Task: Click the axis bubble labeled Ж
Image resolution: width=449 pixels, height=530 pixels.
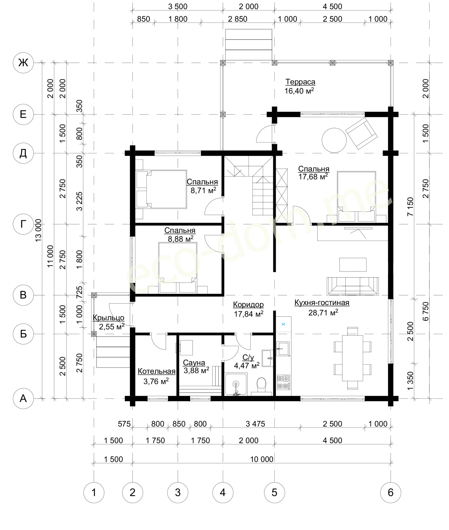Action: coord(23,63)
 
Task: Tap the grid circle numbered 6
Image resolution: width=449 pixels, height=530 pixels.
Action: coord(391,493)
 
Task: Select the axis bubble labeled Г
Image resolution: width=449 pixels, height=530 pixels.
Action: coord(23,224)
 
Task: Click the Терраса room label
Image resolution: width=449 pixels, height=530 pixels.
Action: coord(300,82)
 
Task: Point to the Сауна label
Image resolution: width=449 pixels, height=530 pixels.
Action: coord(194,362)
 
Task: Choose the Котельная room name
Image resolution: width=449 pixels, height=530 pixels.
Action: coord(157,371)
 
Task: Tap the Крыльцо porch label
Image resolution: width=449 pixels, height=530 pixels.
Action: coord(108,318)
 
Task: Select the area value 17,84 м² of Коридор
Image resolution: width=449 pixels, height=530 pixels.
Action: coord(248,314)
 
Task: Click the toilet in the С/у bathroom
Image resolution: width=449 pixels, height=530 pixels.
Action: coord(262,386)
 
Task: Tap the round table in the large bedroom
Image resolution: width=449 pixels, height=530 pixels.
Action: coord(334,140)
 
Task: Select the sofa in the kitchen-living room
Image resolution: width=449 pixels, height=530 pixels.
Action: coord(353,286)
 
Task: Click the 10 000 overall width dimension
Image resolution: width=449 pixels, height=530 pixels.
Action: coord(262,459)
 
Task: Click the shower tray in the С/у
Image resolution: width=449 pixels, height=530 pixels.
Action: coord(236,384)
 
